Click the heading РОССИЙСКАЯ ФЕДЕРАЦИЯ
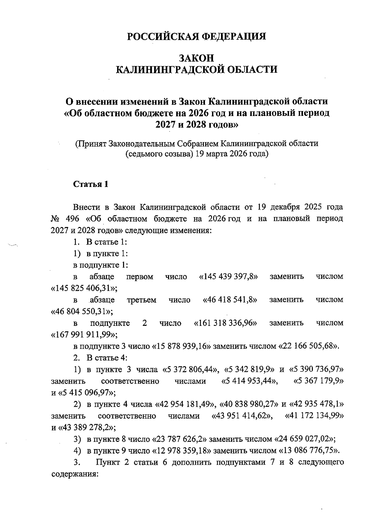197,37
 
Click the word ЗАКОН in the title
197,58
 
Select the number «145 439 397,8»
228,277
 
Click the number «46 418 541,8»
230,300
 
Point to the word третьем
142,300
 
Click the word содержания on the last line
74,474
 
